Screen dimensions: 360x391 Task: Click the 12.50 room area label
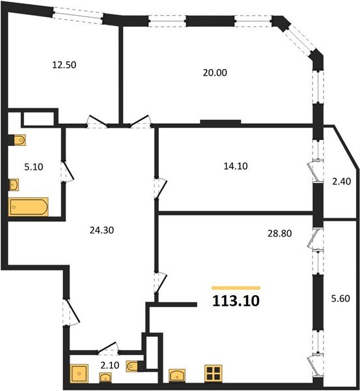point(64,65)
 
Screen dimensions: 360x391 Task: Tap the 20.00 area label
point(215,73)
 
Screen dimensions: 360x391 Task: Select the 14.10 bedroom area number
point(236,166)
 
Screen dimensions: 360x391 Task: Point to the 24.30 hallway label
point(102,230)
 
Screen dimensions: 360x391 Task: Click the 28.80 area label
point(279,233)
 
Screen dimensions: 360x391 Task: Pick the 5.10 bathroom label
point(34,167)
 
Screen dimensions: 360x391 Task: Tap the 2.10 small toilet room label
point(110,366)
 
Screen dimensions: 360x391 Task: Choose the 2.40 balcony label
point(342,181)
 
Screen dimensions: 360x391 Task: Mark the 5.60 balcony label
point(340,298)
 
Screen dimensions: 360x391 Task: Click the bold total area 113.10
point(236,300)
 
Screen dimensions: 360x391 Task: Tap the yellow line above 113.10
point(236,288)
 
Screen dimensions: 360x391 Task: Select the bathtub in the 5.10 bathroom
point(29,207)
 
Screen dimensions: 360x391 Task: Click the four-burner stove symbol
point(214,373)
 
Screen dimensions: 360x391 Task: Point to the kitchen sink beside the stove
point(177,375)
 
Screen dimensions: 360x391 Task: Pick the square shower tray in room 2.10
point(79,373)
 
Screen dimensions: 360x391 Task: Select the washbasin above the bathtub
point(14,185)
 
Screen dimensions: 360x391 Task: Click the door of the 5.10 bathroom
point(67,171)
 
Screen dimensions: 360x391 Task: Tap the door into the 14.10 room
point(160,188)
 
